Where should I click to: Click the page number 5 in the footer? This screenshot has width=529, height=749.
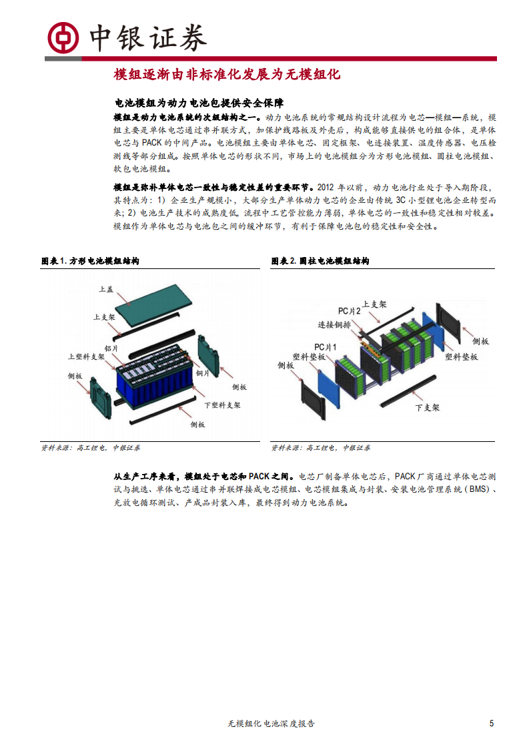(x=492, y=723)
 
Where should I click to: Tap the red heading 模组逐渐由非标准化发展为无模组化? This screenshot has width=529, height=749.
(x=227, y=74)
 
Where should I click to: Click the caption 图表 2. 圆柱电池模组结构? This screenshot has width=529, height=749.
(x=320, y=261)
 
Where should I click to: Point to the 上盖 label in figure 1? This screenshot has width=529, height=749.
(x=105, y=289)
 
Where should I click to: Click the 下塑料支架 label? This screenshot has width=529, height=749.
(x=222, y=405)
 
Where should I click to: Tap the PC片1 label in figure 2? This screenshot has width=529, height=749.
(x=326, y=346)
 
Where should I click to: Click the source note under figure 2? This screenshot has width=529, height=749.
(x=320, y=448)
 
